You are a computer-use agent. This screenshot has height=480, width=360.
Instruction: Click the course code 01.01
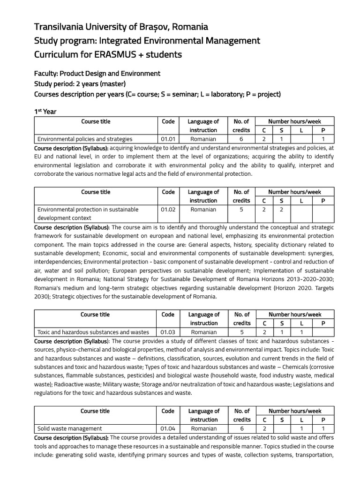[x=167, y=139]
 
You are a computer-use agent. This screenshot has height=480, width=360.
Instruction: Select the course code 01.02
[x=167, y=210]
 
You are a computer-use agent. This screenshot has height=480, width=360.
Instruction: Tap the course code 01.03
[x=167, y=332]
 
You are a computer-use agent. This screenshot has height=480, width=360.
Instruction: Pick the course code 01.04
[x=167, y=428]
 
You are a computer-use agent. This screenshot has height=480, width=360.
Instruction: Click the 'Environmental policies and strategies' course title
[x=85, y=139]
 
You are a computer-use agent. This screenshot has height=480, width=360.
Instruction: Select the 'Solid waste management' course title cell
[x=69, y=428]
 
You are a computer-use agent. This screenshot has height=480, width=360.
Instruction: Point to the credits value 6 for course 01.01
[x=241, y=139]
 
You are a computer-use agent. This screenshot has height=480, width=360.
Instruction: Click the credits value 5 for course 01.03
[x=241, y=332]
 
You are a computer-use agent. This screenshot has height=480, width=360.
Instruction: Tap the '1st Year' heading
[x=45, y=112]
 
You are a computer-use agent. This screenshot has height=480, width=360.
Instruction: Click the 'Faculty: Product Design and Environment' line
[x=97, y=74]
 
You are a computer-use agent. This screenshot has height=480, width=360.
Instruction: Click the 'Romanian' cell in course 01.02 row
[x=203, y=210]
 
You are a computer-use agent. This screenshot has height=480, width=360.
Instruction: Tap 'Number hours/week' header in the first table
[x=294, y=121]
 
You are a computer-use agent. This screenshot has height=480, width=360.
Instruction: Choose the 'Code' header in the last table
[x=167, y=411]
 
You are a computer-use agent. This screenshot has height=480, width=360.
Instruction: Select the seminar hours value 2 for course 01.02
[x=282, y=210]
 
